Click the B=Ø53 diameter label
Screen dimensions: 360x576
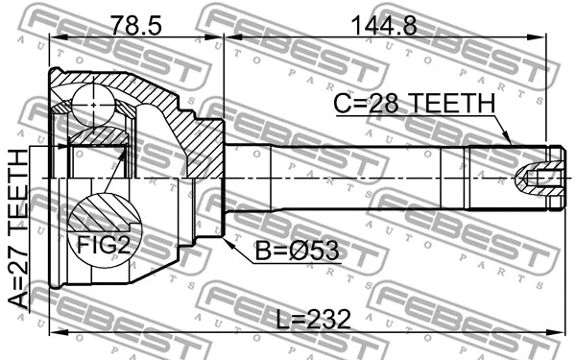[296, 252]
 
